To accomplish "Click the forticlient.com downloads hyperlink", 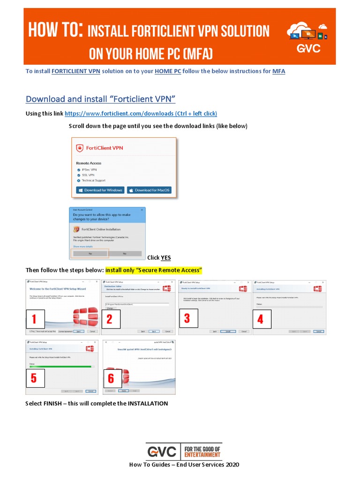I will point(141,114).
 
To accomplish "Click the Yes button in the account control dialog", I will point(90,253).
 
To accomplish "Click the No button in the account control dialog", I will point(125,253).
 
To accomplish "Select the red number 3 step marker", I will point(187,319).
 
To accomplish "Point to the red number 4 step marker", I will point(261,320).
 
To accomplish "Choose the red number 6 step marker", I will point(112,378).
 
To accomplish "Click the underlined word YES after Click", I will point(166,258).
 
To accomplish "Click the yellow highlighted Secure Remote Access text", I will point(153,270).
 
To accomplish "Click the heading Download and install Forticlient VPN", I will point(100,99).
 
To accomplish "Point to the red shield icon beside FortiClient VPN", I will point(80,148).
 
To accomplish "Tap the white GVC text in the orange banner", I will point(308,49).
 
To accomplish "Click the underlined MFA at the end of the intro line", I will point(278,71).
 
